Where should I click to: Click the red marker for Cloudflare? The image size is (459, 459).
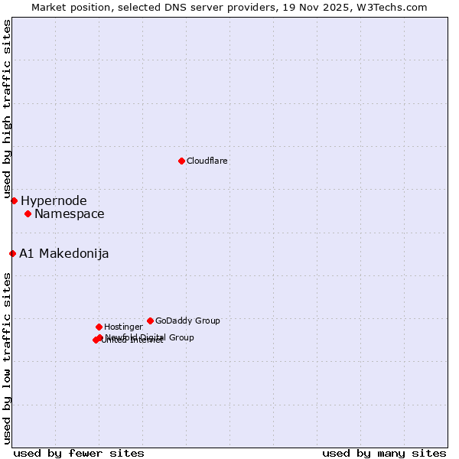[x=181, y=161]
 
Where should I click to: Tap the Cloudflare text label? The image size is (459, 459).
[x=207, y=161]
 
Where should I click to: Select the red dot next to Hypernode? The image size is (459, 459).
[x=14, y=200]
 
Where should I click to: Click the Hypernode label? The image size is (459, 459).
[x=54, y=201]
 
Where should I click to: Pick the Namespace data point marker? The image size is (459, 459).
[x=28, y=213]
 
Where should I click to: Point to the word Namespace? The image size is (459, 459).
[x=69, y=214]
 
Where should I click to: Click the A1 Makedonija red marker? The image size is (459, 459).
[x=12, y=253]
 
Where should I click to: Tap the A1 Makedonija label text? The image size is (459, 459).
[x=63, y=254]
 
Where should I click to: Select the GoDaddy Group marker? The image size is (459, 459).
[x=150, y=321]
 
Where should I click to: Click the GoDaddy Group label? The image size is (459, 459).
[x=187, y=321]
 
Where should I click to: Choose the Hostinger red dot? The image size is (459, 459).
[x=99, y=327]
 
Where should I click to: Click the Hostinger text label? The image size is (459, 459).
[x=123, y=327]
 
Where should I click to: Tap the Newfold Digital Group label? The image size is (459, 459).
[x=150, y=337]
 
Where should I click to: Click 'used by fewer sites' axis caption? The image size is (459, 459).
[x=79, y=453]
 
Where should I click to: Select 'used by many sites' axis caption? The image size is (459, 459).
[x=384, y=453]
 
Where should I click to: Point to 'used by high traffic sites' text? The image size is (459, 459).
[x=7, y=110]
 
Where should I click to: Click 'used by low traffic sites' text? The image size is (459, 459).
[x=7, y=358]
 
